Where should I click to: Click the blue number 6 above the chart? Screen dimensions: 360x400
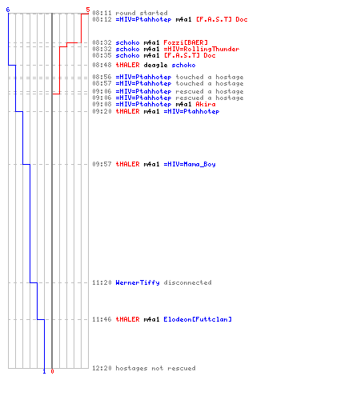8,10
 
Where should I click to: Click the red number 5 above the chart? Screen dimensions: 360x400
88,10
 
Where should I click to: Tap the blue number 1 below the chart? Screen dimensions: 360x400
44,371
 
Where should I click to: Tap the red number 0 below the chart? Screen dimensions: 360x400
52,371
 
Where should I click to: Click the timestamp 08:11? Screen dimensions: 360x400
102,13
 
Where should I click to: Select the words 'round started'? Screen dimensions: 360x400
142,13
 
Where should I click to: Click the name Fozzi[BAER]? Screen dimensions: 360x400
186,42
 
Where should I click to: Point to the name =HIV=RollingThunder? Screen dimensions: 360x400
202,49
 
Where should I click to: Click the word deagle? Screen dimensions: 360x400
155,65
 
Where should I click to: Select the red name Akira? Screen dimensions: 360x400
206,104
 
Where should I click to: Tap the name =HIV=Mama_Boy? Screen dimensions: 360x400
190,164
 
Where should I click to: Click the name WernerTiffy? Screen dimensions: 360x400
138,282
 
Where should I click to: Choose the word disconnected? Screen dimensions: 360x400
187,282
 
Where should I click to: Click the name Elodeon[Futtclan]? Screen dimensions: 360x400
198,319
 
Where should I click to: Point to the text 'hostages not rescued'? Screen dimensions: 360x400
155,368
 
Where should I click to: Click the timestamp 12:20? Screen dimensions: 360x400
102,368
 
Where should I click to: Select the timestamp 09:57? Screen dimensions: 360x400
102,164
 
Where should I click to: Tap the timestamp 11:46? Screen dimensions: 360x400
102,319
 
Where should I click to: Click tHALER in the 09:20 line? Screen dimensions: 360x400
127,111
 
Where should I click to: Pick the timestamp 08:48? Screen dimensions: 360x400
102,65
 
